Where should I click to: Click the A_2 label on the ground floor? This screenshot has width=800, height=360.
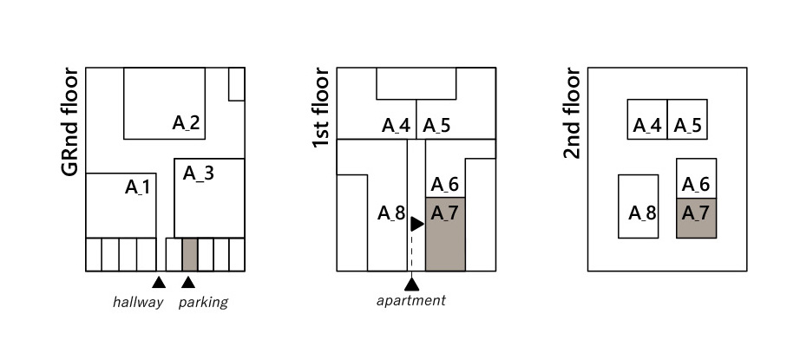click(186, 123)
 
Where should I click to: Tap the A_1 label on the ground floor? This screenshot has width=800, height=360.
click(138, 186)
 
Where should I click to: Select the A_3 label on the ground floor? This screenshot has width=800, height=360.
click(199, 173)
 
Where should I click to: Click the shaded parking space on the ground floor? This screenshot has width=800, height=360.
click(190, 254)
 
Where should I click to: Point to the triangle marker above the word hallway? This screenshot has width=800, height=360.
click(158, 281)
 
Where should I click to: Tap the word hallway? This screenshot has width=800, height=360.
click(138, 303)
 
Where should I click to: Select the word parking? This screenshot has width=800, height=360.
click(203, 303)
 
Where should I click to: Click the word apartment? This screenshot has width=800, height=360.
click(411, 301)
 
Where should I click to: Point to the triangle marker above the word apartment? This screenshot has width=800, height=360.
click(411, 282)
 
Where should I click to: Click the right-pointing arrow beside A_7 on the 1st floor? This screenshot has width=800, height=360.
click(416, 224)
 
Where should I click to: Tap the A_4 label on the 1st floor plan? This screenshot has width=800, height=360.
click(396, 126)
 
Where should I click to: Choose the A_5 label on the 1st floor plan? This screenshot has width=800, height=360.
click(436, 126)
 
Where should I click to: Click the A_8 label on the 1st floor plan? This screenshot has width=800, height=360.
click(391, 213)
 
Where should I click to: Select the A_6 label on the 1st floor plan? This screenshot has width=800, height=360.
click(444, 184)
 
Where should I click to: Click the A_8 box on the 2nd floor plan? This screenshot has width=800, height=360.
click(639, 206)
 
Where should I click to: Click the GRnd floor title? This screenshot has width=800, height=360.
click(71, 122)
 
